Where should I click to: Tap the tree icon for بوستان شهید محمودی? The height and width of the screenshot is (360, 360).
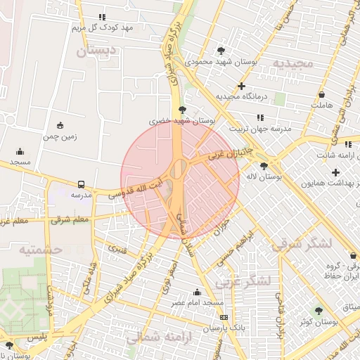point(222,51)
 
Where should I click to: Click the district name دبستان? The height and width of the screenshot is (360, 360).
point(95,51)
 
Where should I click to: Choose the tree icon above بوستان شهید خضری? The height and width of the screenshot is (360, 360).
point(183,110)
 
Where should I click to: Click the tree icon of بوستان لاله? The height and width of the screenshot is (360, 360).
point(264,166)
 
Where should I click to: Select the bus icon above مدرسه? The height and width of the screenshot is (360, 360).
point(81,184)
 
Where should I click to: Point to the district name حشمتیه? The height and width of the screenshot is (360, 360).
point(41,250)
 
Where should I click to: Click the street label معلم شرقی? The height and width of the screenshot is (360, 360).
point(71,219)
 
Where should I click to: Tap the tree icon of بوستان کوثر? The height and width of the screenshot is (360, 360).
point(319,310)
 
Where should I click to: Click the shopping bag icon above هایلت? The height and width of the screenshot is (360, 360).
point(321,94)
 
